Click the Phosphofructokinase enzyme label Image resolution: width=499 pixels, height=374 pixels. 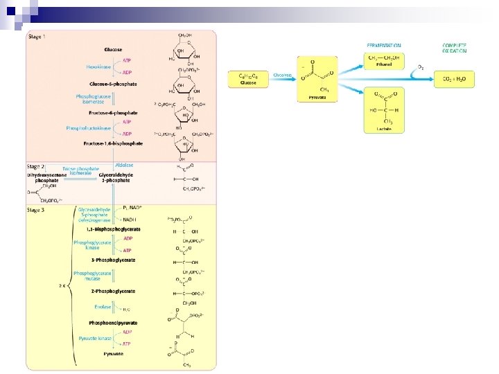click(89, 128)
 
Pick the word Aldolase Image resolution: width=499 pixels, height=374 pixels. click(125, 165)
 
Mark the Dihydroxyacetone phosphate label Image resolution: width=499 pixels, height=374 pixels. click(47, 178)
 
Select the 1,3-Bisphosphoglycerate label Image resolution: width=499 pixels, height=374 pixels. click(114, 229)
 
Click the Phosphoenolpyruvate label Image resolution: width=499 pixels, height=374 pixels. click(113, 323)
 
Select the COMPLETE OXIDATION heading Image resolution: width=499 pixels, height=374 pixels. click(455, 48)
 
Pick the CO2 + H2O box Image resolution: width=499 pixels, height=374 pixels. click(455, 79)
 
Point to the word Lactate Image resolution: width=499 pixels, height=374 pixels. click(384, 128)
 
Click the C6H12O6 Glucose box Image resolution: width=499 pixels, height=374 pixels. click(248, 80)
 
